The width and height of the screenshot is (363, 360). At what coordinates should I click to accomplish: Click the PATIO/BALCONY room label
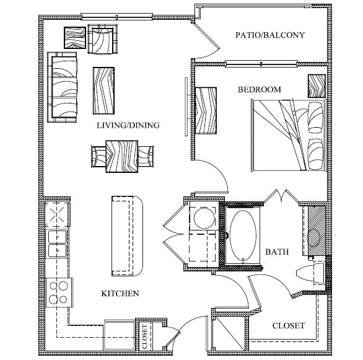[x=270, y=35]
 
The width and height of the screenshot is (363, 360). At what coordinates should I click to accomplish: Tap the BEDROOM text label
[x=260, y=90]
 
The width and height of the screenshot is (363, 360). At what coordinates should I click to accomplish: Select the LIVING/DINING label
[x=128, y=125]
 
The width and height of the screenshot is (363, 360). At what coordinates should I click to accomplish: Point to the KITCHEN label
[x=120, y=293]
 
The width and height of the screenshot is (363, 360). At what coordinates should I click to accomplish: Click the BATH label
[x=276, y=252]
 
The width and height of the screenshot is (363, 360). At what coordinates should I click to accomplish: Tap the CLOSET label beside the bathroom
[x=289, y=325]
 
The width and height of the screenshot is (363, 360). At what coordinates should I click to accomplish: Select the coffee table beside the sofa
[x=103, y=90]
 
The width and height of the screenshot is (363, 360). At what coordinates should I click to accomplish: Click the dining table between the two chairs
[x=122, y=156]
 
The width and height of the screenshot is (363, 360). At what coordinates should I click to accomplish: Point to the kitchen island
[x=126, y=235]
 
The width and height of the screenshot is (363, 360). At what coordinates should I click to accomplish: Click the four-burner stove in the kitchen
[x=59, y=291]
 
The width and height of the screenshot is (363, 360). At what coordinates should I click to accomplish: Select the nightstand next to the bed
[x=317, y=86]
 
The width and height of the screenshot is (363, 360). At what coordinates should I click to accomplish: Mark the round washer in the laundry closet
[x=202, y=217]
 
